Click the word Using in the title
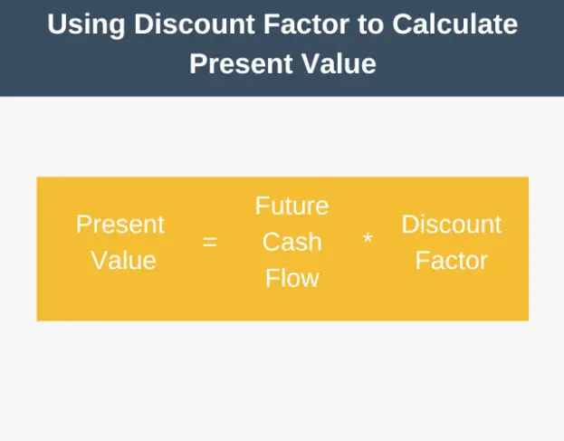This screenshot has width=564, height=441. [x=86, y=25]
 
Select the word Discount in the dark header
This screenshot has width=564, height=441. [x=195, y=24]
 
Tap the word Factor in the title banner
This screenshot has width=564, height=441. [x=306, y=24]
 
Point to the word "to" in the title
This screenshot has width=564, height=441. [x=370, y=24]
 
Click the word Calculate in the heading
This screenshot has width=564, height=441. [x=455, y=24]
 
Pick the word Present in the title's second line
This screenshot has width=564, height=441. [x=241, y=63]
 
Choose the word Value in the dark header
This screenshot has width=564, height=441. [x=339, y=63]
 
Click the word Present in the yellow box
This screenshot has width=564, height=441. [x=120, y=224]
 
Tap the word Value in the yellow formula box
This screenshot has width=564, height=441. [x=123, y=260]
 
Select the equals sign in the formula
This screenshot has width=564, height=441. [x=210, y=242]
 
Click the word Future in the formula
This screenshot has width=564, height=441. [x=292, y=206]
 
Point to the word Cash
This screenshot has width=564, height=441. [x=292, y=242]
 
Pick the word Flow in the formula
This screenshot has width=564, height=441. [x=292, y=278]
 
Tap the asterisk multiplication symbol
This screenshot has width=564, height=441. [x=368, y=238]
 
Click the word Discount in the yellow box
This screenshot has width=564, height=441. [x=452, y=224]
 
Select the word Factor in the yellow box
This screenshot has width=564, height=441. [x=452, y=260]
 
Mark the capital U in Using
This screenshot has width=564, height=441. [x=56, y=24]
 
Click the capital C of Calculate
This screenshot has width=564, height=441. [x=402, y=24]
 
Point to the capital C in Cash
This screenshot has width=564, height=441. [x=272, y=242]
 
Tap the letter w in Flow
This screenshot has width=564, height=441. [x=310, y=281]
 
